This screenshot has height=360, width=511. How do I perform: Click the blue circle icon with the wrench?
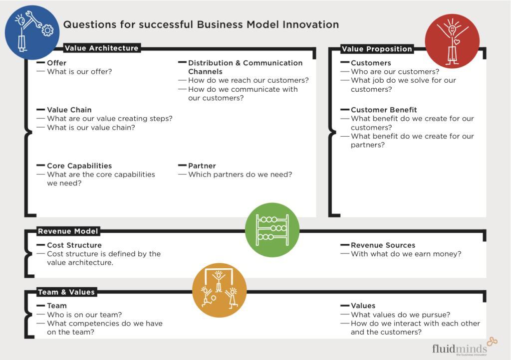point(32,32)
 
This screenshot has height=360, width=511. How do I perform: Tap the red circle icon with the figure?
point(452,41)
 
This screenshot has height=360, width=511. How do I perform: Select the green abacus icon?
point(272,230)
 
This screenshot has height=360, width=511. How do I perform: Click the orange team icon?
point(219,290)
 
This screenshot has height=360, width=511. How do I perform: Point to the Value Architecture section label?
point(101,48)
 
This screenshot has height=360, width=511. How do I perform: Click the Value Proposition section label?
point(377,49)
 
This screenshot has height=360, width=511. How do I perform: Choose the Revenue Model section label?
point(68,231)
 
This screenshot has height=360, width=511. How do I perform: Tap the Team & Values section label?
point(66,292)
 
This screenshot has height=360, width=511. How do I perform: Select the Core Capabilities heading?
point(79,166)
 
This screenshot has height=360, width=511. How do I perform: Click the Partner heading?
point(202,166)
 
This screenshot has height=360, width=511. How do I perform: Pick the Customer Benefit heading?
point(384,110)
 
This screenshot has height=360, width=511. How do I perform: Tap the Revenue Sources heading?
point(383,245)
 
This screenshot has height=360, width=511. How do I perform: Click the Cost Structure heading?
point(74,245)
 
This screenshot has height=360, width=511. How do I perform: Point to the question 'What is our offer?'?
point(79,72)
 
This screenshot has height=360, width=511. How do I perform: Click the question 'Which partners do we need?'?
point(240,175)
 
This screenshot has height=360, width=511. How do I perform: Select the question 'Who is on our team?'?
point(84,315)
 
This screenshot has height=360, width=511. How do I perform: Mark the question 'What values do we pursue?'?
point(400,315)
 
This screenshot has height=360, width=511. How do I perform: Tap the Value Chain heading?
point(69,110)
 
